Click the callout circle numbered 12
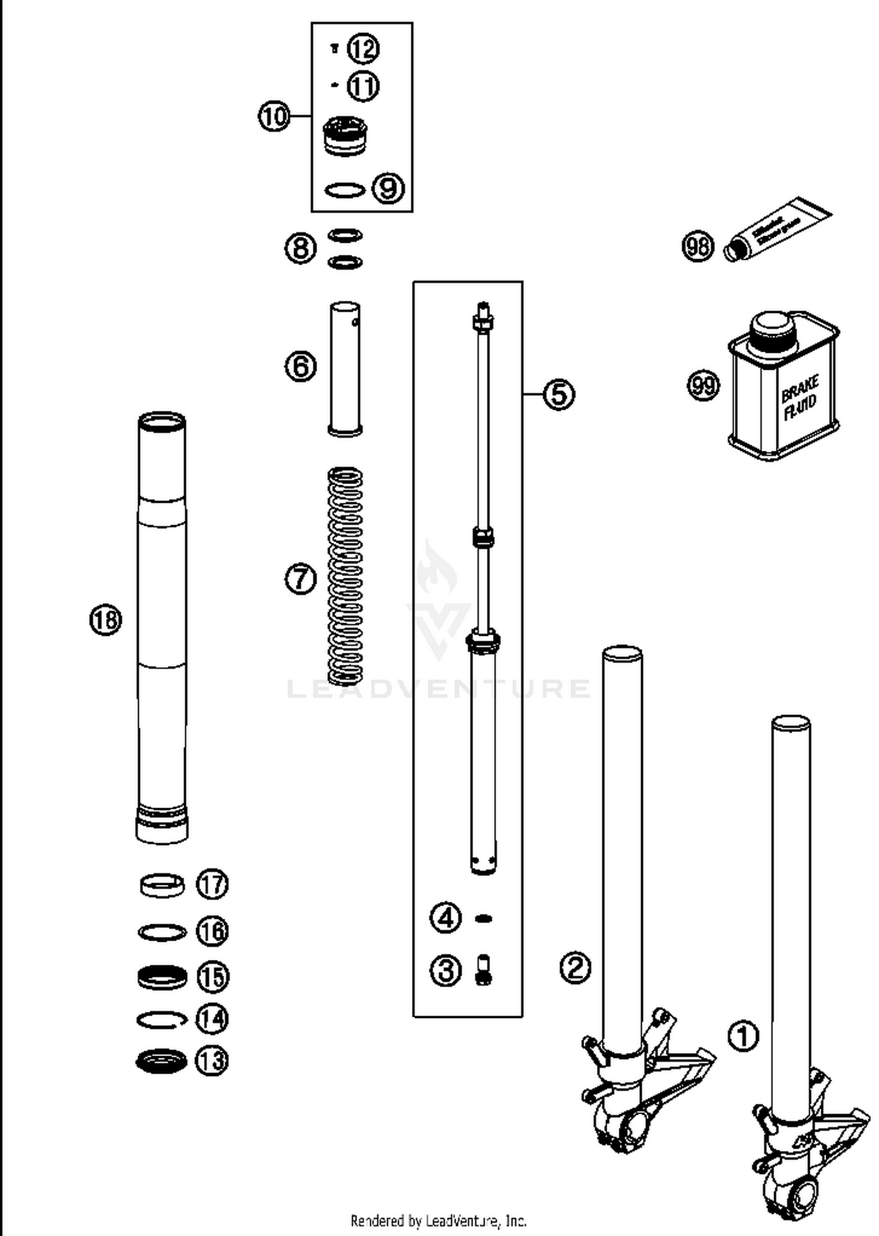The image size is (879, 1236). click(x=363, y=49)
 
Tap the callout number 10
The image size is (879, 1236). click(x=274, y=116)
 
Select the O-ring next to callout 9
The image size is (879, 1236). click(x=345, y=190)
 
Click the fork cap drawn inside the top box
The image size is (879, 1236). click(x=345, y=136)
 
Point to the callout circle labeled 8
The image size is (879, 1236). click(x=301, y=248)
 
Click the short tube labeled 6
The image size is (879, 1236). click(x=345, y=369)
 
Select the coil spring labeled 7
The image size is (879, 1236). click(x=345, y=576)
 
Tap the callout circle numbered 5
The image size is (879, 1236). click(x=559, y=394)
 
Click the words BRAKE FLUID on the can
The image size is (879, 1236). click(x=800, y=399)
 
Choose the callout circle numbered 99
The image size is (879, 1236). click(x=703, y=386)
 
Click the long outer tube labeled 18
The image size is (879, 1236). click(x=162, y=627)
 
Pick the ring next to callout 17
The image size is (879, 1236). click(x=162, y=885)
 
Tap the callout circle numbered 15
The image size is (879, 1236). click(x=212, y=977)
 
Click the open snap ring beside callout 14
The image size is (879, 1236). click(x=162, y=1020)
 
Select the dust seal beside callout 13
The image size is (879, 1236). click(x=162, y=1061)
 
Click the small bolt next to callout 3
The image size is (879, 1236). click(x=483, y=970)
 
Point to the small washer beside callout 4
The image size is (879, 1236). click(x=483, y=918)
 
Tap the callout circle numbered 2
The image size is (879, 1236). click(x=575, y=968)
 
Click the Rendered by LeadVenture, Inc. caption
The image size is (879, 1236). click(x=438, y=1221)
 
